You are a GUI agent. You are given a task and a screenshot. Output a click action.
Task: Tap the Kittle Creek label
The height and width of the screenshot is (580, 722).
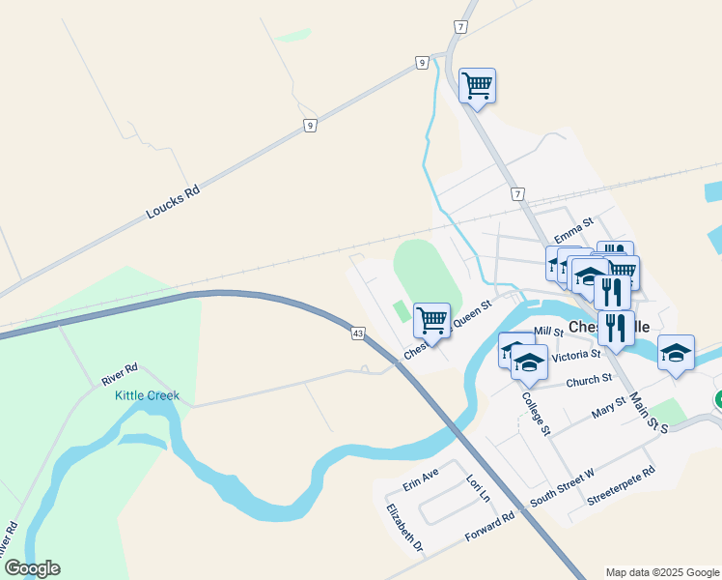(x=147, y=396)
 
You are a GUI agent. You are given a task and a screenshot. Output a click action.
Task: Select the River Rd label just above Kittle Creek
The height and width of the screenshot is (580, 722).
(x=121, y=374)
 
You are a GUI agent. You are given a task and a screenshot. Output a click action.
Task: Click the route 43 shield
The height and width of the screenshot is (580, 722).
(x=358, y=333)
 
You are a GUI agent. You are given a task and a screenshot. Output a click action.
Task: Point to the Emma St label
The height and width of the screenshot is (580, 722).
(x=571, y=235)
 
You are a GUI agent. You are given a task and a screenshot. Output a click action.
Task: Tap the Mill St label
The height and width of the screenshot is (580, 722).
(x=547, y=332)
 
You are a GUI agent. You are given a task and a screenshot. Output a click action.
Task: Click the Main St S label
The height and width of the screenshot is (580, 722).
(x=649, y=411)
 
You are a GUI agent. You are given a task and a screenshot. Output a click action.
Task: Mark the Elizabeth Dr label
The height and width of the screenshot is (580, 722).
(x=405, y=528)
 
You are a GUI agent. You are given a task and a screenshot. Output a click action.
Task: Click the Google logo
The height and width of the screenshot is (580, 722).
(x=32, y=568)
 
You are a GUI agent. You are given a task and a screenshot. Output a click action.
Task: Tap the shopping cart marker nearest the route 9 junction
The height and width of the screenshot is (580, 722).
(x=477, y=86)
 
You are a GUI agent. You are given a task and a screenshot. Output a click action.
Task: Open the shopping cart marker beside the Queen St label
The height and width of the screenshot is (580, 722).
(x=431, y=319)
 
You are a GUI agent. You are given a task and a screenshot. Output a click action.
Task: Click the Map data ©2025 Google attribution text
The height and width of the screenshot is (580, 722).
(x=662, y=572)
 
